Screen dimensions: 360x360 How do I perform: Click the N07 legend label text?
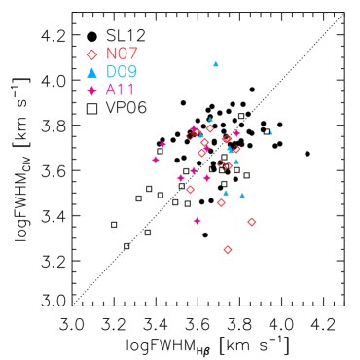(x=122, y=54)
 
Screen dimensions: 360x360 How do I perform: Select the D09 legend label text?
(x=122, y=72)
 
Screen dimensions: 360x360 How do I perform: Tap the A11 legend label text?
(x=120, y=90)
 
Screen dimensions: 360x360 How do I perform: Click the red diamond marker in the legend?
(x=91, y=54)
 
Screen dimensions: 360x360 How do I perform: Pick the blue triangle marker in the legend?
(x=91, y=72)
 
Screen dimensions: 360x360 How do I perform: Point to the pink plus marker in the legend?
(x=91, y=90)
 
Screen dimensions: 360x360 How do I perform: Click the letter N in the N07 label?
(x=111, y=54)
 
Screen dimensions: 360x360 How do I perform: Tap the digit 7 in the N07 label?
(x=133, y=54)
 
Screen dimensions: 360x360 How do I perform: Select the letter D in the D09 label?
(x=111, y=72)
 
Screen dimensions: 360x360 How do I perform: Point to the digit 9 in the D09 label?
(x=132, y=72)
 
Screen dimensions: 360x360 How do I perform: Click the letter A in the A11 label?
(x=111, y=90)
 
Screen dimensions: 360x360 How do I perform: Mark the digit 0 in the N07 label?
(x=123, y=54)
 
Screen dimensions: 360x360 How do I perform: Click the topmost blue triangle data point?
(x=216, y=64)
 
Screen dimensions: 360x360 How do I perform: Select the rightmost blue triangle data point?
(x=270, y=132)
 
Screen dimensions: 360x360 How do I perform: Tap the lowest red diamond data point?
(x=228, y=250)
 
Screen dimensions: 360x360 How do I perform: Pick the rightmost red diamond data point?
(x=251, y=222)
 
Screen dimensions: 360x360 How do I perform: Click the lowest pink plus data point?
(x=198, y=221)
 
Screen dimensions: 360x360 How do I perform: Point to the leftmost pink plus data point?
(x=156, y=160)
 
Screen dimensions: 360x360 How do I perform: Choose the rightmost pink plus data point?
(x=236, y=133)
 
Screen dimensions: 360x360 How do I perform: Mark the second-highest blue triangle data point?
(x=210, y=120)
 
